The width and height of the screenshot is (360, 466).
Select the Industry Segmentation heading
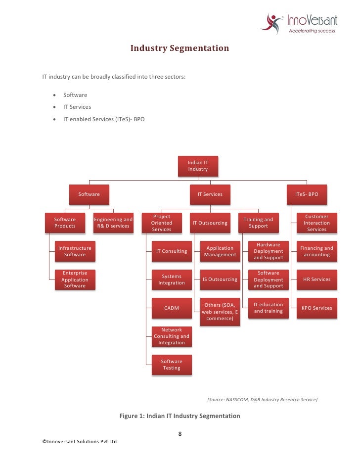tap(180, 48)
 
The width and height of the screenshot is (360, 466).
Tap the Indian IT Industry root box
tap(198, 166)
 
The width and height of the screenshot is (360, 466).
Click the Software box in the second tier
tap(89, 194)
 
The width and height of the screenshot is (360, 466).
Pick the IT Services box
tap(210, 194)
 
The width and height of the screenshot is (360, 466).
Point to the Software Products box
tap(65, 223)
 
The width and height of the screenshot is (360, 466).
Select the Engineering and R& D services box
tap(113, 223)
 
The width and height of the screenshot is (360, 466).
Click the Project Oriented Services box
tap(162, 223)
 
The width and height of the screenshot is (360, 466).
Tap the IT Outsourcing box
tap(210, 223)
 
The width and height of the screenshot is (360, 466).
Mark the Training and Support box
tap(258, 223)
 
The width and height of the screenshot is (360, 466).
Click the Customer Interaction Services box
tap(316, 223)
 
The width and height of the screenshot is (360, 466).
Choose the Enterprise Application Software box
tap(75, 280)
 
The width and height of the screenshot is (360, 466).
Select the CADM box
tap(172, 308)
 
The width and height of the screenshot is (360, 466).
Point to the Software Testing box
tap(172, 365)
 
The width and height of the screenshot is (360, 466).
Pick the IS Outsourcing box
tap(220, 280)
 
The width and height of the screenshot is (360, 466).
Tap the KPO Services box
tap(316, 308)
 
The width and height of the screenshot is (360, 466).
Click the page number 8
tap(180, 434)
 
